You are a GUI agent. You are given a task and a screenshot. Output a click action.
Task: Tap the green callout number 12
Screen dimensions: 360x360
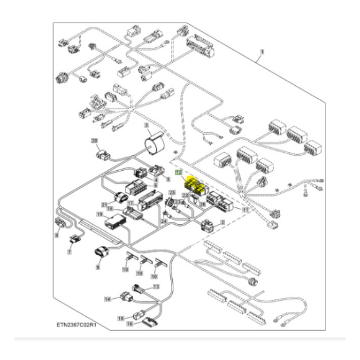click(178, 173)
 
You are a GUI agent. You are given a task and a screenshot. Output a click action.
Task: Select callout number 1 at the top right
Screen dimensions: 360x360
click(262, 52)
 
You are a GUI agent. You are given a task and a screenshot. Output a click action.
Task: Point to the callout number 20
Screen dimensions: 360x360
click(94, 140)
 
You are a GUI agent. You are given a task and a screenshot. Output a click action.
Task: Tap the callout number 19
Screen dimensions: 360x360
click(100, 213)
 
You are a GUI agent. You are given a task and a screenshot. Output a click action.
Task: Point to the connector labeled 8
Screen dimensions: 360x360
click(61, 224)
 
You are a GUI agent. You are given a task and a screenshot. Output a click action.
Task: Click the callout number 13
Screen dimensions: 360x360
click(156, 286)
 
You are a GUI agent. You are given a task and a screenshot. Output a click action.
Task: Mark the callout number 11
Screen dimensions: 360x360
click(245, 211)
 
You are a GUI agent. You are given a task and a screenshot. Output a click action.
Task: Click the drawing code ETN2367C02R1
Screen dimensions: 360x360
click(77, 326)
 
